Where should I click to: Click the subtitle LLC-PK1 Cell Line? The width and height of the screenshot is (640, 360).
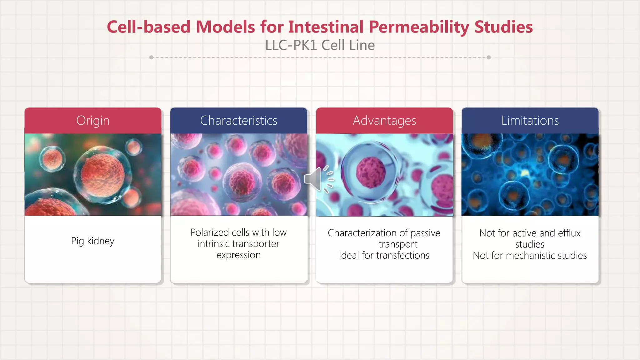point(320,45)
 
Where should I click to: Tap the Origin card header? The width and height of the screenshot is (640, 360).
point(93,121)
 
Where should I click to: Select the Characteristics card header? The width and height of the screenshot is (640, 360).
point(238,121)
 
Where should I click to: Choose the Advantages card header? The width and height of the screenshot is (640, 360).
point(384,121)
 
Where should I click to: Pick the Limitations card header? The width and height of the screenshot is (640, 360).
point(530,121)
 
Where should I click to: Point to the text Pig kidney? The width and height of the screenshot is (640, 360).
point(92,241)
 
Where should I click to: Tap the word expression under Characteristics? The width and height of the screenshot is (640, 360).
point(238,255)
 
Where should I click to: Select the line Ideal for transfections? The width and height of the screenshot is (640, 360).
point(384,256)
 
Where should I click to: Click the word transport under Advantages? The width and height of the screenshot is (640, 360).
point(398,244)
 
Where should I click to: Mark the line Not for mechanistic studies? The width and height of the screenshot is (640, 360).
point(530,256)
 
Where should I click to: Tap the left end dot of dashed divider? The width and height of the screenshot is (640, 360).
point(151,57)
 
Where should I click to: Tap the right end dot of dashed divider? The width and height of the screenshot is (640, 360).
point(489,57)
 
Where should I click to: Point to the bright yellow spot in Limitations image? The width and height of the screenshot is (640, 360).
point(525,172)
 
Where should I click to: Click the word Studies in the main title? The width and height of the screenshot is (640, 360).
point(503,27)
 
